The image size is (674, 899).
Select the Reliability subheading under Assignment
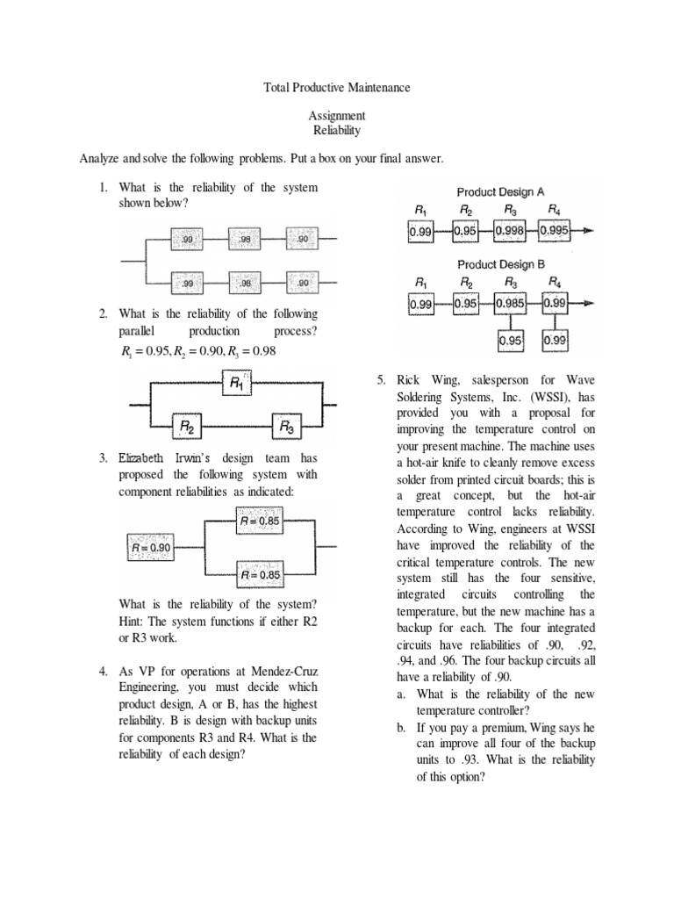[x=337, y=130]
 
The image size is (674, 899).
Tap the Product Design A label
[x=500, y=191]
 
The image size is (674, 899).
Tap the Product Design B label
[x=500, y=263]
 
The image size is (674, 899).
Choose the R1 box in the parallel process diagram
[x=238, y=383]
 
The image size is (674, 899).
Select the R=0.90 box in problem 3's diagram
[x=151, y=548]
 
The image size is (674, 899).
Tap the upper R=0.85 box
[x=259, y=521]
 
